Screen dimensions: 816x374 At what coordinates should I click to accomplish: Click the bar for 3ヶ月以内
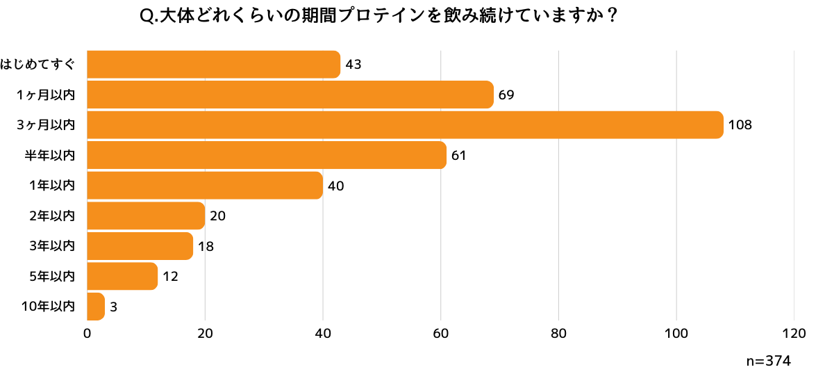[x=405, y=125]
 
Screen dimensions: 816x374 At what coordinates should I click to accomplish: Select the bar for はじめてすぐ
[x=213, y=65]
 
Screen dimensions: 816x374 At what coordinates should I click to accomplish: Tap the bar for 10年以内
[x=96, y=307]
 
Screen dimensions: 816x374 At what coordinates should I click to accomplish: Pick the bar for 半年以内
[x=267, y=155]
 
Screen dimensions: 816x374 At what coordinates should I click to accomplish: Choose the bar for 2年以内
[x=146, y=216]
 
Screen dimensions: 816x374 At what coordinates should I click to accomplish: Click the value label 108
[x=740, y=126]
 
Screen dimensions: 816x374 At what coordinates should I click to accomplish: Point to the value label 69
[x=506, y=95]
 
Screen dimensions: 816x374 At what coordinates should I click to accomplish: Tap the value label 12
[x=170, y=277]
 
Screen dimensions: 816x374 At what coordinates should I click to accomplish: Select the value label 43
[x=353, y=65]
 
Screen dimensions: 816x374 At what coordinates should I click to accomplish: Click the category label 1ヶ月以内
[x=45, y=95]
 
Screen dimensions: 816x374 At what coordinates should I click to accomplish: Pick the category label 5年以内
[x=52, y=276]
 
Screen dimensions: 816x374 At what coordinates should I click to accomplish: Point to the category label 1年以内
[x=52, y=186]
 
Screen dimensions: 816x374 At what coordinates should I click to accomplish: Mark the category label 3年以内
[x=52, y=246]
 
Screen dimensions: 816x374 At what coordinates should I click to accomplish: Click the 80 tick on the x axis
[x=558, y=334]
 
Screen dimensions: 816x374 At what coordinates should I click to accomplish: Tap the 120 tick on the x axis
[x=794, y=334]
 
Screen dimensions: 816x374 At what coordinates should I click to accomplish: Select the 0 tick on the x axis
[x=87, y=334]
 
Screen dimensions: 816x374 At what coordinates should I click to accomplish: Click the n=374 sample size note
[x=769, y=361]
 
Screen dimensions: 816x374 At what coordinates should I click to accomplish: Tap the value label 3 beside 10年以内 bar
[x=113, y=307]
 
